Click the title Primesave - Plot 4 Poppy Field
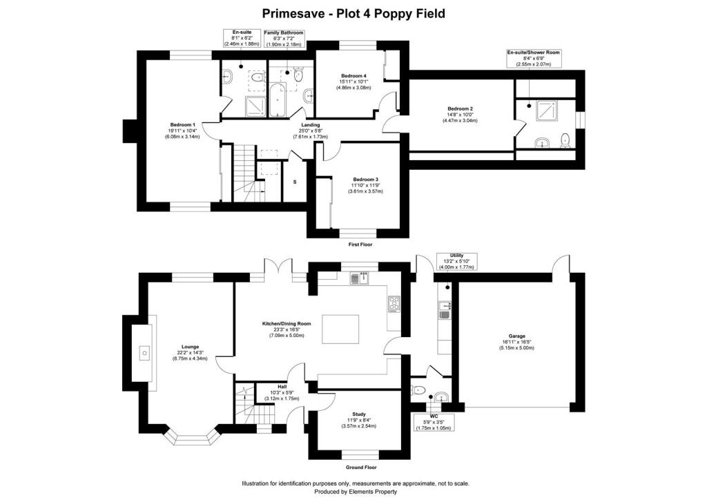353,14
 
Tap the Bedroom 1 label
182,125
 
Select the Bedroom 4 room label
353,76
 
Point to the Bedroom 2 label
460,108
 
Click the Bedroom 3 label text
365,180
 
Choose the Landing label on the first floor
310,125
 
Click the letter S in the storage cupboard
295,182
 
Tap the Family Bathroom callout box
284,39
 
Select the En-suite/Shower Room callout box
534,59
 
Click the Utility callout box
456,262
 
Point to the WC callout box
434,422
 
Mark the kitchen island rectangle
340,329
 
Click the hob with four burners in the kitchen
394,304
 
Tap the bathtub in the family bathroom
277,99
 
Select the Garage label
516,336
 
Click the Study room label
359,414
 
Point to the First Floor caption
360,244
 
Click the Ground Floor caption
360,467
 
